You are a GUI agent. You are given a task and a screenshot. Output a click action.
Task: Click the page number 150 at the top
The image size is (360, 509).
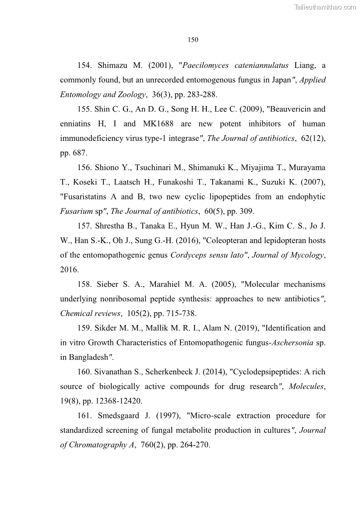tap(193, 40)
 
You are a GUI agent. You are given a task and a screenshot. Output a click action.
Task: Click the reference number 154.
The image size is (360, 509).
tap(85, 65)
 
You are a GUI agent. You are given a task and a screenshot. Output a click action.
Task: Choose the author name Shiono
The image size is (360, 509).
tap(109, 168)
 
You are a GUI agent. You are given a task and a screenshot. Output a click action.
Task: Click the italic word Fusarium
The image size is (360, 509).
tap(74, 211)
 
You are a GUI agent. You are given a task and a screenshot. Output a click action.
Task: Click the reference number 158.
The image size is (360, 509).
tap(85, 284)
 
